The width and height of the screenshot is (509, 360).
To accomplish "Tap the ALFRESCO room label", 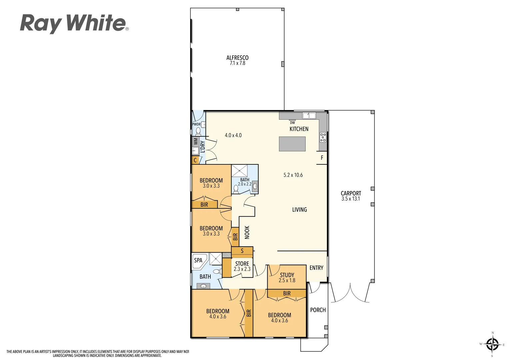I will [237, 58].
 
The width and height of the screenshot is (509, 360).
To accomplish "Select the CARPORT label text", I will [351, 193].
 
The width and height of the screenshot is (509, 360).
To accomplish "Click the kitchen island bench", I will [292, 143].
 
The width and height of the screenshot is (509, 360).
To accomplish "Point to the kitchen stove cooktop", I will [323, 137].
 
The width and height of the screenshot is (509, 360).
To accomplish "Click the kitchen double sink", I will [309, 116].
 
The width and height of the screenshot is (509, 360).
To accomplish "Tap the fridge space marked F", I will [322, 158].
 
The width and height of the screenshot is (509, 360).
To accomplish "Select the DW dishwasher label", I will [292, 123].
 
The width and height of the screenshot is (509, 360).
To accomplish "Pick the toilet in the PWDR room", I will [198, 130].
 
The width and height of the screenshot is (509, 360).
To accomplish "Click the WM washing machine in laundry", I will [196, 141].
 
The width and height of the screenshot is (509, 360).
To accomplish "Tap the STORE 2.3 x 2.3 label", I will [242, 266].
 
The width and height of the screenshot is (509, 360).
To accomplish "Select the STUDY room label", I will [287, 275].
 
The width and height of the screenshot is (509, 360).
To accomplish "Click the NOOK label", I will [247, 232].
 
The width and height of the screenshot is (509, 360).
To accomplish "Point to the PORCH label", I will [318, 310].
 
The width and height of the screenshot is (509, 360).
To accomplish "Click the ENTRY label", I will [316, 268].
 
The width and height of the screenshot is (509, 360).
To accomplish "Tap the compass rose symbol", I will [492, 344].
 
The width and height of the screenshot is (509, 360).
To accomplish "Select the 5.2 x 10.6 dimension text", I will [293, 175].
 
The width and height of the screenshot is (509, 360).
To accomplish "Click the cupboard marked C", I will [195, 160].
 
